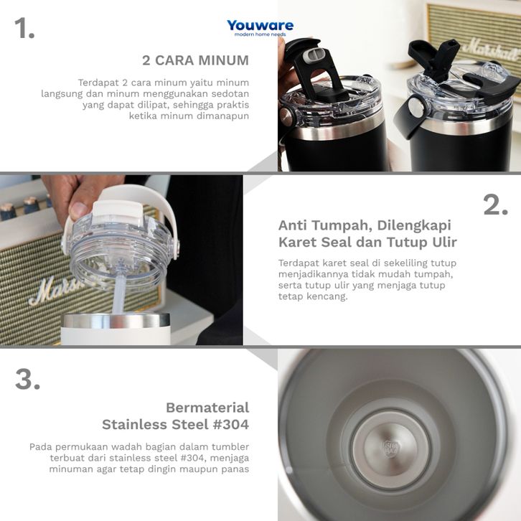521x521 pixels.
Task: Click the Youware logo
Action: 260,28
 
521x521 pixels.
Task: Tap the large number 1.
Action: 24,28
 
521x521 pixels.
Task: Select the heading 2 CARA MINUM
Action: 195,60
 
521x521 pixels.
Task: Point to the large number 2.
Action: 495,205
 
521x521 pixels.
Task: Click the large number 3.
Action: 27,379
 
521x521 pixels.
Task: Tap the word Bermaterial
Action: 207,408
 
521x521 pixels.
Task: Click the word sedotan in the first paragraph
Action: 230,94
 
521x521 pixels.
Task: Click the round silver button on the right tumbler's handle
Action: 416,106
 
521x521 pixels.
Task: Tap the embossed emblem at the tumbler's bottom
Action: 390,449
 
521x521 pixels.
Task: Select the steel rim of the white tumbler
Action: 116,321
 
